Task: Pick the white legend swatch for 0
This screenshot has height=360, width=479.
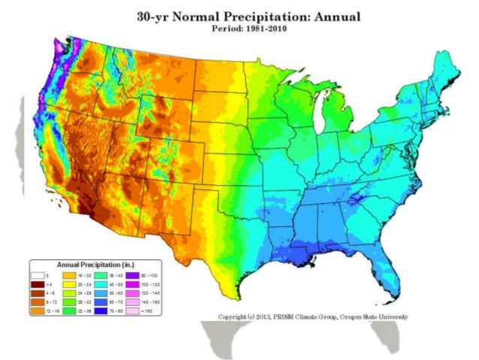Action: (37, 276)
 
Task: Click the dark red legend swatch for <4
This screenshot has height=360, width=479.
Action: (37, 284)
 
